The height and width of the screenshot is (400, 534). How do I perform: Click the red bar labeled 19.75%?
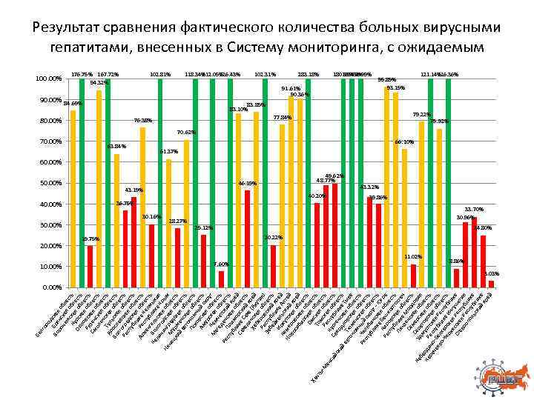coord(90,266)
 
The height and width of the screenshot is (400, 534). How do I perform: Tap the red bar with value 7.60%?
coord(221,279)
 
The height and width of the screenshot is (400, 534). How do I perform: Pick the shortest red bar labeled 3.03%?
coord(491,284)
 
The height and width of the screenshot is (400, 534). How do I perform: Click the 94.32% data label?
coord(99,83)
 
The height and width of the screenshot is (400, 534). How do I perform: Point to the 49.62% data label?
coord(334,176)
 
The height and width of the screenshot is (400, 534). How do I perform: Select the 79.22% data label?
coord(421,114)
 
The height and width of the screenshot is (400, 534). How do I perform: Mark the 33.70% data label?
coord(474,210)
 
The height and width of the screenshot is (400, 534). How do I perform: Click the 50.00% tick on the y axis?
coord(50,183)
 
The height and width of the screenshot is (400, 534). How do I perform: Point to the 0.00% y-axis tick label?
coord(52,287)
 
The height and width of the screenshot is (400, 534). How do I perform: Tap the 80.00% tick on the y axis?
coord(50,121)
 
